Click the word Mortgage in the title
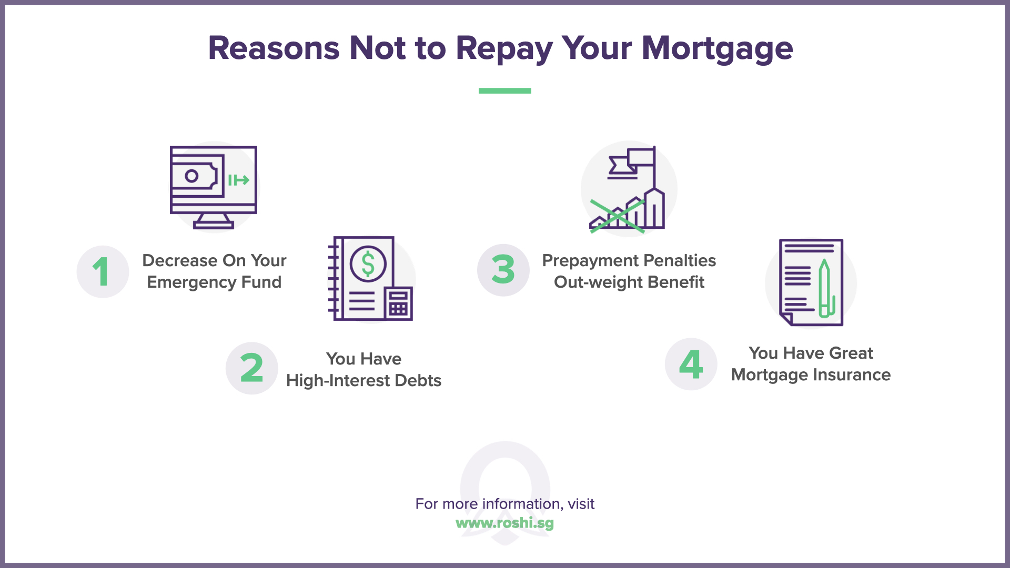(717, 48)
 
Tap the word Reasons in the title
(274, 48)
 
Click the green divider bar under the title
(504, 90)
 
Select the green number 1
(101, 271)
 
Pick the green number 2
(251, 368)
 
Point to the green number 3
(503, 269)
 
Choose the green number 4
(691, 364)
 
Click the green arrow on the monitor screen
(239, 180)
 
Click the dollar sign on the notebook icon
(368, 264)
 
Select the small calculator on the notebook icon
(398, 303)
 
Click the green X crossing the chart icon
(617, 216)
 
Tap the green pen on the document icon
(825, 289)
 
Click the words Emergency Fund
(214, 282)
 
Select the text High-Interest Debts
(363, 380)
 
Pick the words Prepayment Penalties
(629, 260)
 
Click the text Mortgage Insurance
(811, 374)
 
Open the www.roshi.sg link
(504, 523)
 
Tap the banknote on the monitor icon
(194, 176)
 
